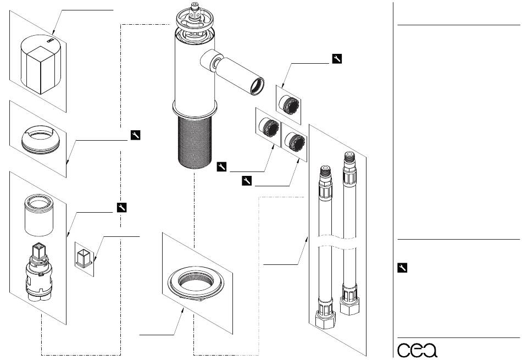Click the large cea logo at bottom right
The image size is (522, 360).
click(417, 350)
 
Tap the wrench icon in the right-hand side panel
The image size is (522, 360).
click(402, 268)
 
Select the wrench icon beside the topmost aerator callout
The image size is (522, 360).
click(337, 59)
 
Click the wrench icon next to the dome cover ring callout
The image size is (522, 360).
click(136, 135)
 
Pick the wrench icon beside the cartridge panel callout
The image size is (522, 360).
click(122, 207)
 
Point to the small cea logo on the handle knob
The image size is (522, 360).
click(50, 41)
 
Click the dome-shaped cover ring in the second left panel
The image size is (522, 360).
click(41, 140)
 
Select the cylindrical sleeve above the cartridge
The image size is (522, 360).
click(39, 215)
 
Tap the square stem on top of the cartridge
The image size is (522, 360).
click(38, 251)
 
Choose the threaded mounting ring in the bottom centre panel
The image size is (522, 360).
click(196, 283)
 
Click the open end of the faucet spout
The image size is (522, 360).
click(257, 86)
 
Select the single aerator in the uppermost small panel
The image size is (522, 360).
click(288, 104)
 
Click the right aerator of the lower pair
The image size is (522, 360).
click(295, 142)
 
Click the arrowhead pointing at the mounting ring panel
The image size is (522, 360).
click(182, 311)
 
